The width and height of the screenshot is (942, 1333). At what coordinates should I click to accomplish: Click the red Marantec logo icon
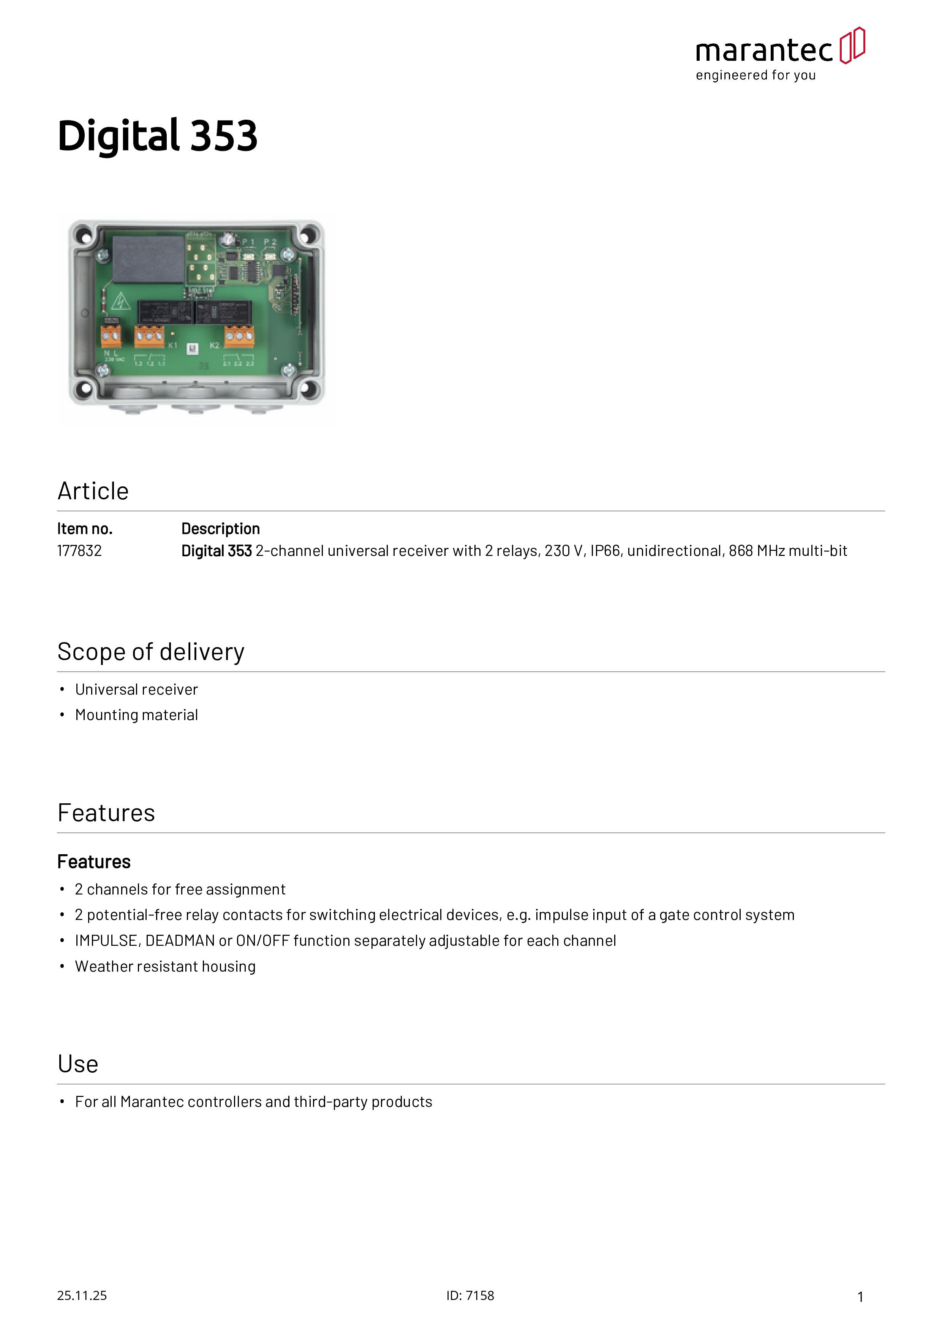point(852,45)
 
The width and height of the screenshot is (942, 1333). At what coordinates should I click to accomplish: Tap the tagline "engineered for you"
point(756,76)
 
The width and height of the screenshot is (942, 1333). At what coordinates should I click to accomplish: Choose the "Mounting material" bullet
point(136,715)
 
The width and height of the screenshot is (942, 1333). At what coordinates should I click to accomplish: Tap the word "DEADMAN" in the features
point(180,940)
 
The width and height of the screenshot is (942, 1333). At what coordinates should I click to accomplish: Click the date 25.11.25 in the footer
point(82,1295)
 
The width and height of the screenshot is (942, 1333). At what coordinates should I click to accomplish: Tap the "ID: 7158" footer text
point(470,1295)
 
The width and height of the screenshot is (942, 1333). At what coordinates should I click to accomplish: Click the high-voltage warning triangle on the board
point(120,301)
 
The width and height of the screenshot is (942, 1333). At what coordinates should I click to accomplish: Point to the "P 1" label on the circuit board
point(248,242)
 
